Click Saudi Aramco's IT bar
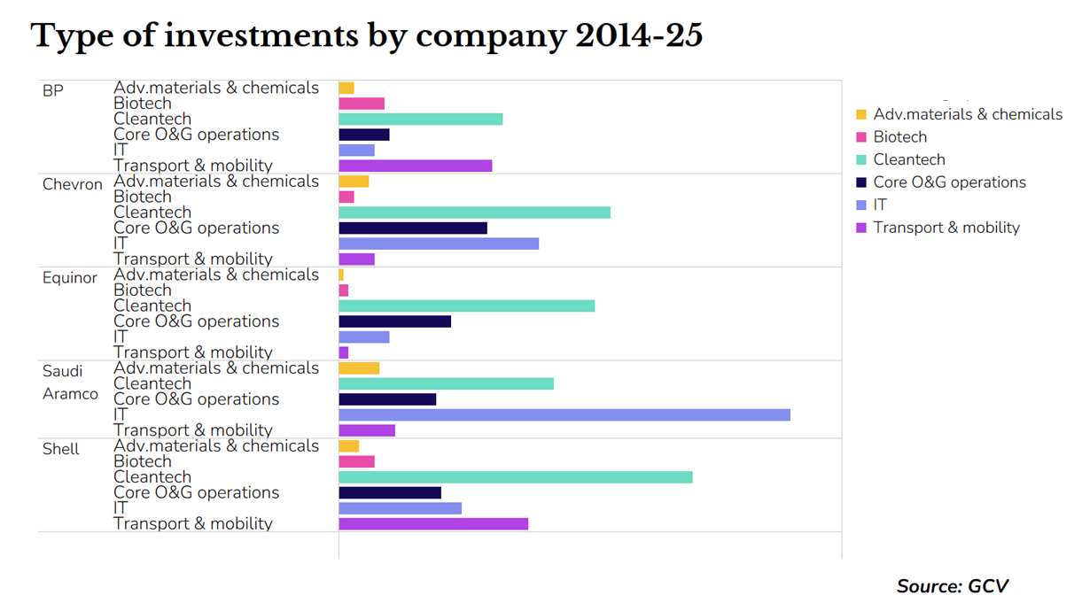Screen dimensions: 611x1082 pos(564,415)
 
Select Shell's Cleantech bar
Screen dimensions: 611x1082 pos(515,477)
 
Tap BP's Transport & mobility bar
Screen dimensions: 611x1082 pos(415,166)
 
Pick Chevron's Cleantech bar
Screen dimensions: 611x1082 pos(474,213)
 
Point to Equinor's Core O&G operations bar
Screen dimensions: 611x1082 pos(394,321)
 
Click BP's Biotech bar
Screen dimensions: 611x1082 pos(362,104)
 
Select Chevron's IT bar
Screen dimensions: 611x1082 pos(439,244)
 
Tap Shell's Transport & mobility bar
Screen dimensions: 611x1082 pos(433,524)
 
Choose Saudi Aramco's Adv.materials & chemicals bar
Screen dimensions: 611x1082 pos(359,368)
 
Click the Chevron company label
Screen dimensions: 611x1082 pos(73,184)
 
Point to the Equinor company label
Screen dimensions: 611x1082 pos(70,278)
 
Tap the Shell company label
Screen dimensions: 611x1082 pos(61,449)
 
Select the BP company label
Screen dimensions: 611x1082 pos(53,90)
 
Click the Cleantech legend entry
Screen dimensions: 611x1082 pos(909,160)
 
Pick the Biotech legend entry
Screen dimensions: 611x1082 pos(899,137)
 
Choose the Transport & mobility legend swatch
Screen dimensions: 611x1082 pos(860,228)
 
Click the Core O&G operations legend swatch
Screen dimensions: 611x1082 pos(860,183)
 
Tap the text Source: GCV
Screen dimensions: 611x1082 pos(952,586)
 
